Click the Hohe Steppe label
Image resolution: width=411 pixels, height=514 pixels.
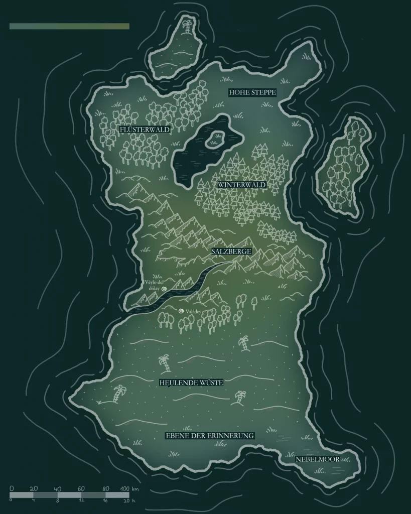tap(252, 92)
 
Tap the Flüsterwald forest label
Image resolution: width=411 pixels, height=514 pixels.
tap(145, 130)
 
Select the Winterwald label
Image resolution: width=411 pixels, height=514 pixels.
tap(241, 185)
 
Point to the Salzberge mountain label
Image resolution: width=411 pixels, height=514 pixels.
tap(231, 251)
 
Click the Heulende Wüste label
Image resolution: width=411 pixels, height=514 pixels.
tap(191, 382)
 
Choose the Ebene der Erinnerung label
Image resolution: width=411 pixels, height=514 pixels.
tap(210, 436)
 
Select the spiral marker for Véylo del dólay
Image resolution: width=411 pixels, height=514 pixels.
tap(164, 290)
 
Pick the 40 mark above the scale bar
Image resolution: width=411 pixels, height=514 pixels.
tap(58, 488)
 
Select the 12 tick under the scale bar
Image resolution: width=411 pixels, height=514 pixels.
tap(82, 500)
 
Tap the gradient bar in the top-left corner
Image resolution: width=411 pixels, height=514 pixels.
tap(69, 26)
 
